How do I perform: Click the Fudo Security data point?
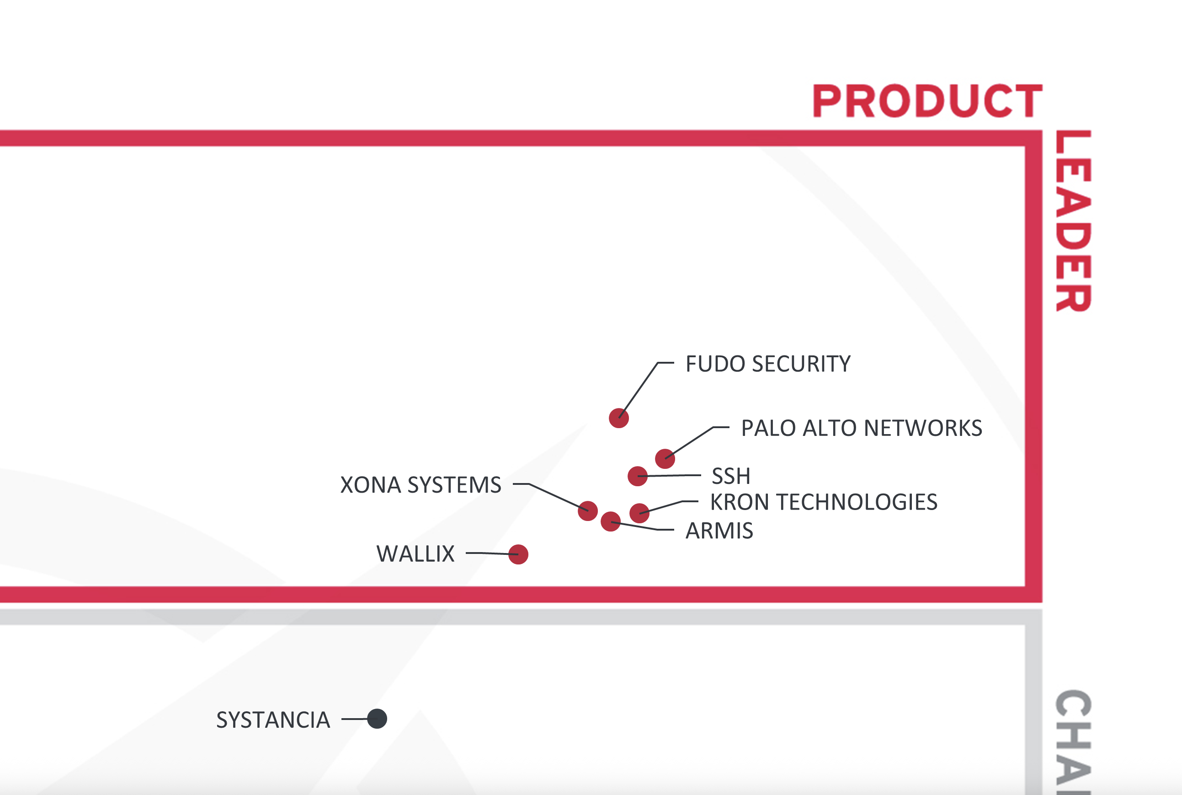[x=618, y=418]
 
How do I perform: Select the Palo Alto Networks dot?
[x=665, y=459]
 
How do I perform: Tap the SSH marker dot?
[x=637, y=476]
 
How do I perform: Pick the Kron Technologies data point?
[x=639, y=513]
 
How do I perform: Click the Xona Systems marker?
[x=588, y=510]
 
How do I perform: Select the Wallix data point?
[x=518, y=554]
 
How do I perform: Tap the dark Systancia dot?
[x=377, y=719]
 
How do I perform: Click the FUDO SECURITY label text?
[x=768, y=364]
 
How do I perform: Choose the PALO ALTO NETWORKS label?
[x=862, y=428]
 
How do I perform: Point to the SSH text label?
[x=730, y=476]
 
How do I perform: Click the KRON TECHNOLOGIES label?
[x=824, y=502]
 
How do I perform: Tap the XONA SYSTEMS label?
[x=421, y=485]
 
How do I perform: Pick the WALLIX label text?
[x=415, y=553]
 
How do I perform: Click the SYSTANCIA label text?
[x=273, y=720]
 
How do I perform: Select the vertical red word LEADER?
[x=1073, y=220]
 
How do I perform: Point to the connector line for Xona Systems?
[x=555, y=495]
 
